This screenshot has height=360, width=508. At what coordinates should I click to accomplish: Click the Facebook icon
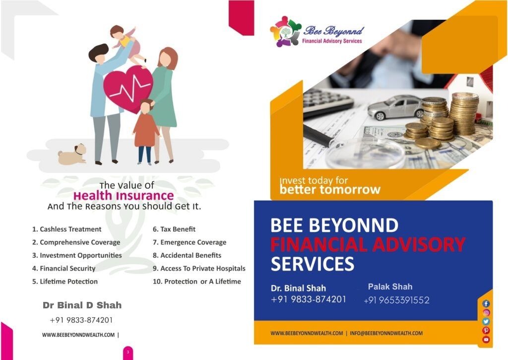coord(486,303)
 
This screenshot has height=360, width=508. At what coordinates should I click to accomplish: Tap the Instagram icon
coord(486,313)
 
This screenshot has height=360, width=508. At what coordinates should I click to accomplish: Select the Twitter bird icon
coord(486,321)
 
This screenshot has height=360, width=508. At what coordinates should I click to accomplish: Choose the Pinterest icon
coord(486,331)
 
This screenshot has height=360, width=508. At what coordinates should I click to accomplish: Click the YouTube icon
coord(486,340)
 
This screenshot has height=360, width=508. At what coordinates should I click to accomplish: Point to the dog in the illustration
coord(72,154)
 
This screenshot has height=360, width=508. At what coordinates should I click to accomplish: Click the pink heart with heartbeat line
coord(128,89)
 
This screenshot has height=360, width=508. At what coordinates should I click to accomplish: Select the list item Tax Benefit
coord(174,229)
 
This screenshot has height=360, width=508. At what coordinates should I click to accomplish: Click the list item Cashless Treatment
coord(67,229)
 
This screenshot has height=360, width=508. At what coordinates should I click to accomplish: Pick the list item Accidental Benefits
coord(187,255)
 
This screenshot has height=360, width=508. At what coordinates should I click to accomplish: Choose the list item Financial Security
coord(64,268)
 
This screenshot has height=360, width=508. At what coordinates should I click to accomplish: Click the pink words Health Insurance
coord(124,196)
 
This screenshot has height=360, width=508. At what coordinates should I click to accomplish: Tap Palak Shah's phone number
coord(396,300)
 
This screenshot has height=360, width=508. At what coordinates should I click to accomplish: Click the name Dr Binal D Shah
coord(82,305)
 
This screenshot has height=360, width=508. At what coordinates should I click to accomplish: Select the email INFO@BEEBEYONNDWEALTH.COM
coord(386,333)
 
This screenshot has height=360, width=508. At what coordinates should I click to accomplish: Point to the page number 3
coord(128,352)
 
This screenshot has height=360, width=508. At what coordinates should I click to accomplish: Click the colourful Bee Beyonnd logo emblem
coord(285,31)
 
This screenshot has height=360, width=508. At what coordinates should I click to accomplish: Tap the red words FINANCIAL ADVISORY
coord(368,244)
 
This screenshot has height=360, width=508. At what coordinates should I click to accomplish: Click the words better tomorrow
coord(330,189)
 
